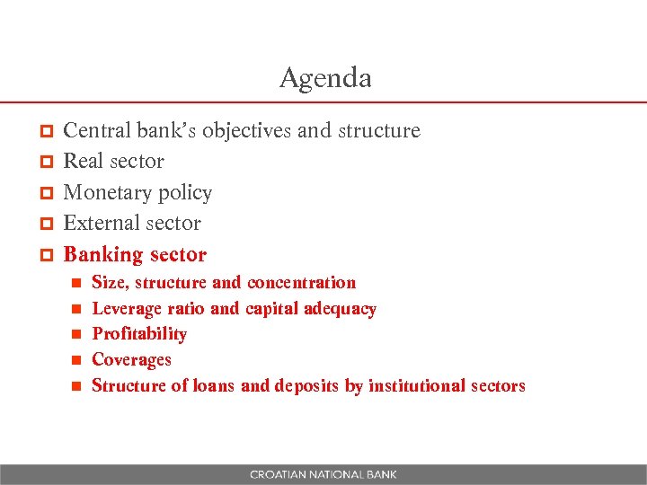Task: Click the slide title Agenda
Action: click(x=325, y=78)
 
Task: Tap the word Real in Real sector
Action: click(x=84, y=162)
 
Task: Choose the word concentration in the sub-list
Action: click(x=301, y=283)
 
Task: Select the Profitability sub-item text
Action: click(x=139, y=334)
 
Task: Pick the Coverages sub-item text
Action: click(x=131, y=360)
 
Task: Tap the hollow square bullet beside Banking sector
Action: click(x=49, y=256)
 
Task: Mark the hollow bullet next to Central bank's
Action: click(x=49, y=132)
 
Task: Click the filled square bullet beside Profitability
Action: click(x=77, y=334)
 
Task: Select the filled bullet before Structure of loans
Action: click(x=77, y=386)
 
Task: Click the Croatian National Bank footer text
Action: click(x=323, y=474)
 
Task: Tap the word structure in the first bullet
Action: click(x=378, y=131)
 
